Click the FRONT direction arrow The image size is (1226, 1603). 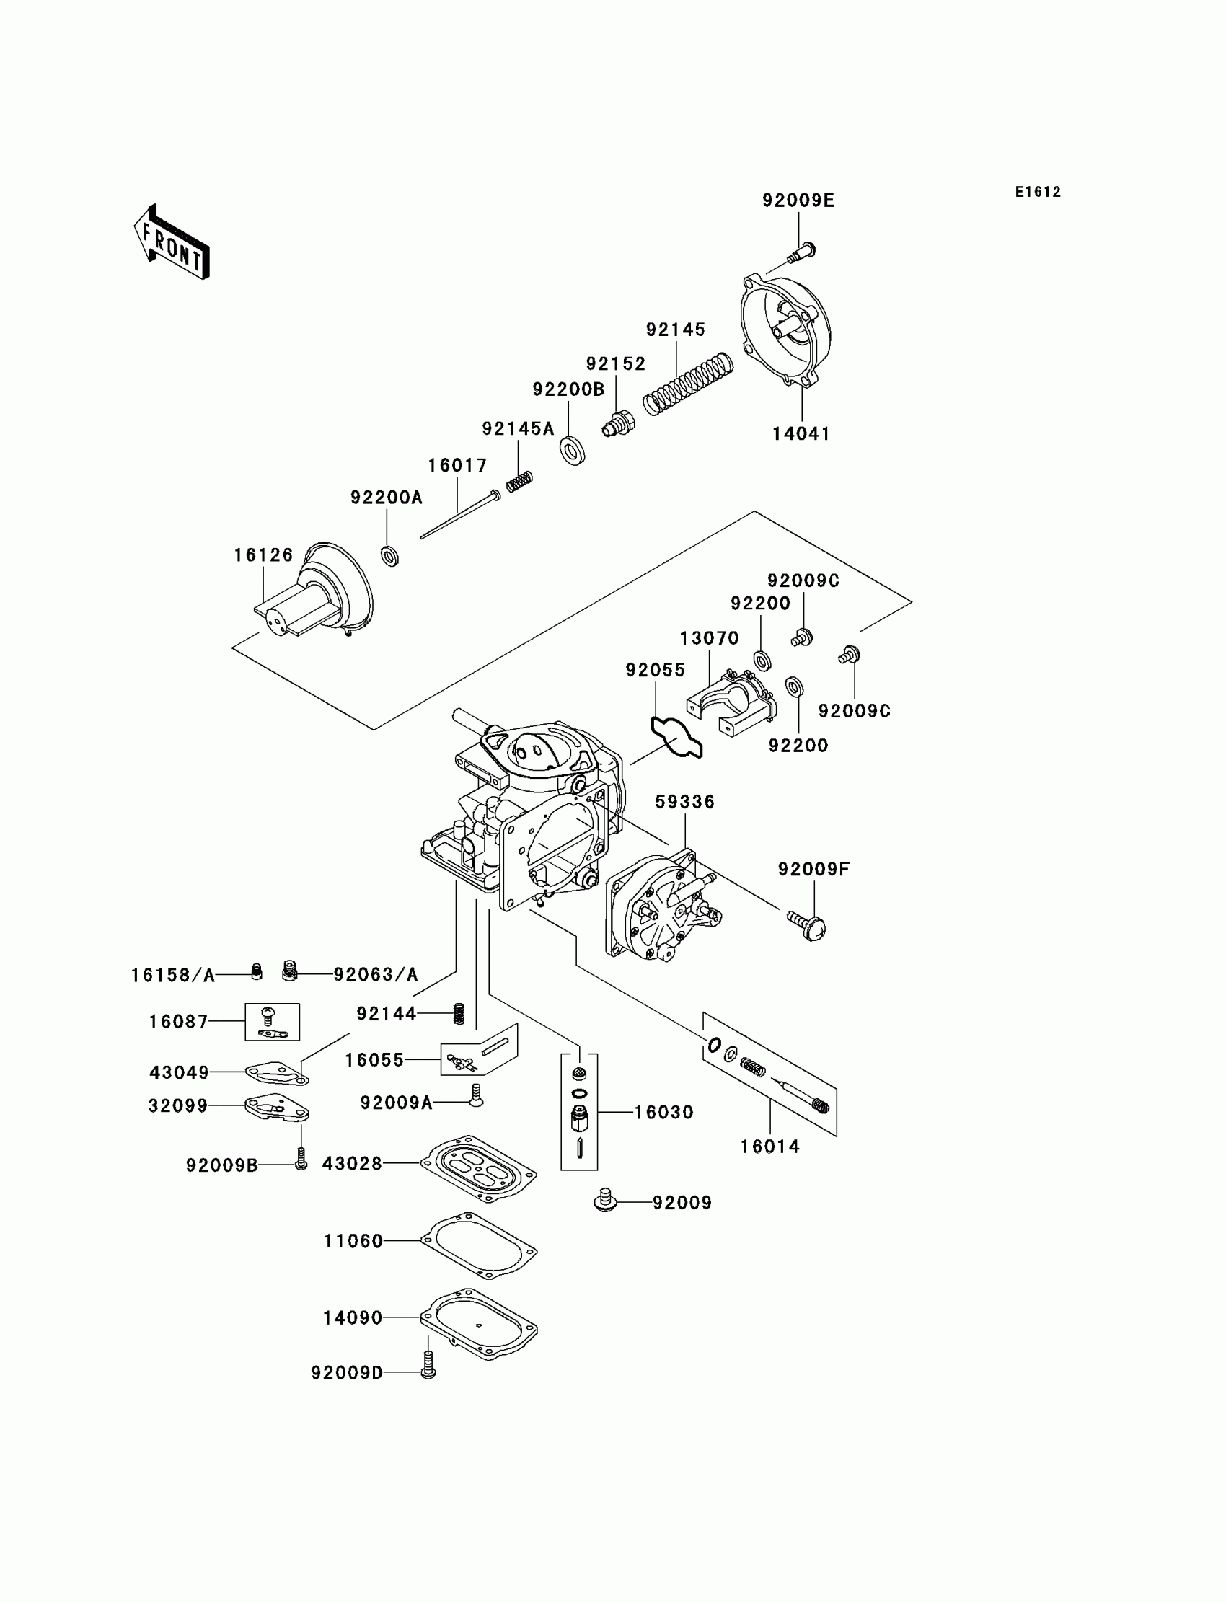tap(172, 243)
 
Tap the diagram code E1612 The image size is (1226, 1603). tap(1037, 192)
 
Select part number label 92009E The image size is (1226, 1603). tap(798, 200)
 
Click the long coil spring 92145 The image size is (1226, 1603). tap(688, 384)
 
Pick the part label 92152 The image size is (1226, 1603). tap(616, 364)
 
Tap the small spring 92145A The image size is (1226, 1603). tap(519, 481)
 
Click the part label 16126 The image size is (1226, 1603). tap(263, 555)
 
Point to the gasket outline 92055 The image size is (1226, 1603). tap(677, 738)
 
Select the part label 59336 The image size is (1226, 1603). tap(684, 802)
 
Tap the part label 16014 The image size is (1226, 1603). tap(770, 1147)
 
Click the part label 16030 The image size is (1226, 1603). tap(663, 1112)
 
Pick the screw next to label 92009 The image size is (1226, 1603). tap(605, 1199)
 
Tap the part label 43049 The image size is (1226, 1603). tap(179, 1072)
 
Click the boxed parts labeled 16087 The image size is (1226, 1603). tap(271, 1022)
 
